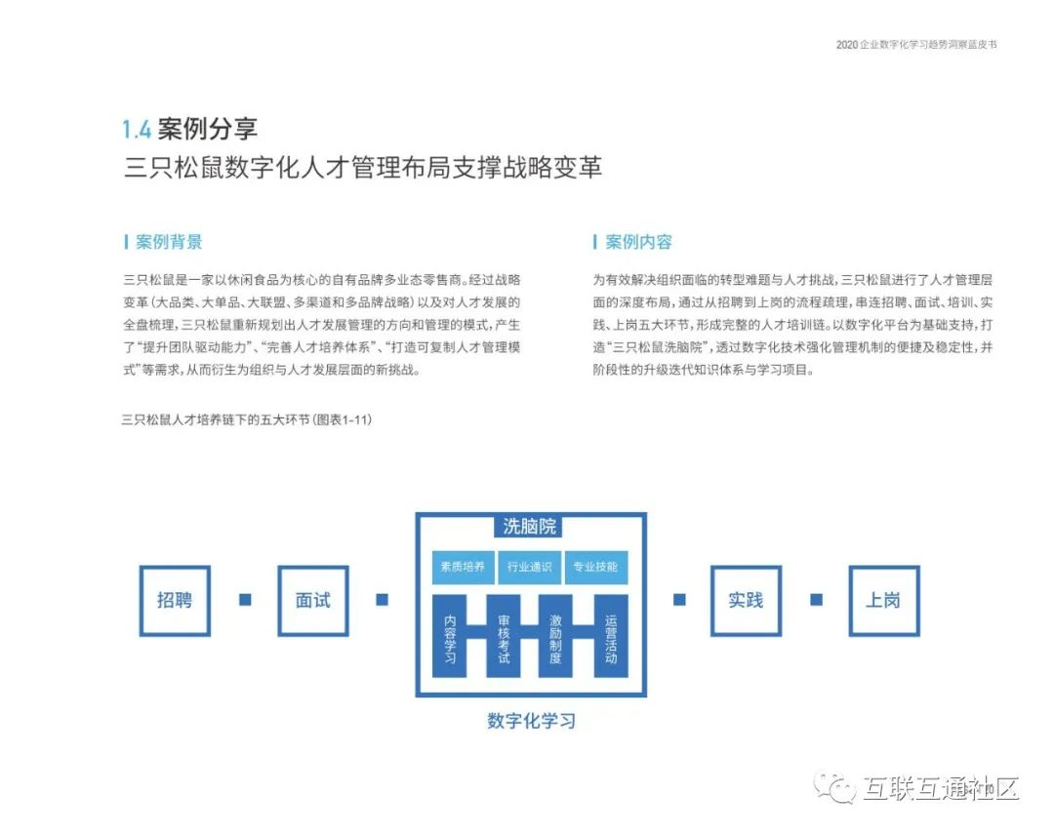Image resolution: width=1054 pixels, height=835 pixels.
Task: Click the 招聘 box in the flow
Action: pyautogui.click(x=175, y=600)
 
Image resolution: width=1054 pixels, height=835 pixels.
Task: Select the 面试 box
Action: pyautogui.click(x=313, y=600)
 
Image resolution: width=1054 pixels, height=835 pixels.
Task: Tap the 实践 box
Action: pyautogui.click(x=746, y=600)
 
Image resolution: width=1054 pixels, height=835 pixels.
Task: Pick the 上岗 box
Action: pyautogui.click(x=883, y=600)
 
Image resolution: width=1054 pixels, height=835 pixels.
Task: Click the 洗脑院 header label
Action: pyautogui.click(x=530, y=527)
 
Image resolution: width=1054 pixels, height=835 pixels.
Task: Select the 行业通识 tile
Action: pyautogui.click(x=529, y=567)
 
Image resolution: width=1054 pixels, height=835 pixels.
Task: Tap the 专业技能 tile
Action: pyautogui.click(x=595, y=567)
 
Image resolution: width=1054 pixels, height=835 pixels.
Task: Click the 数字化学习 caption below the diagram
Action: pyautogui.click(x=531, y=722)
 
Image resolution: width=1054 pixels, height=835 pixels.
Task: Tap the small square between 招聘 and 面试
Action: pyautogui.click(x=245, y=600)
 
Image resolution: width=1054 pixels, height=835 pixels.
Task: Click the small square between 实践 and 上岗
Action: pyautogui.click(x=816, y=600)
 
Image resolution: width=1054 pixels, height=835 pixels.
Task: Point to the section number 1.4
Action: pyautogui.click(x=137, y=130)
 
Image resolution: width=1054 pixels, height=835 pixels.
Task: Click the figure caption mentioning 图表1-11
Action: pyautogui.click(x=247, y=420)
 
